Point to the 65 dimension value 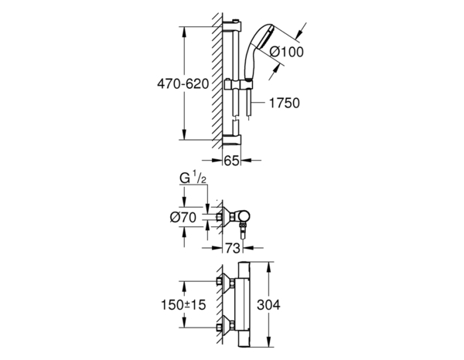coord(231,161)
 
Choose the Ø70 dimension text coord(182,218)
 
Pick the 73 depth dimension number coord(231,249)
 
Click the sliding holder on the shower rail coord(233,84)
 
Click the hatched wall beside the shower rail coord(215,77)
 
